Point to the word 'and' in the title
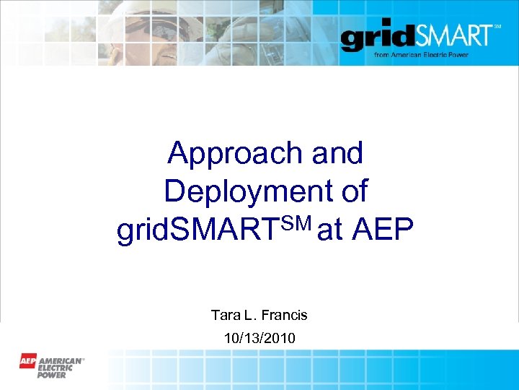pyautogui.click(x=337, y=153)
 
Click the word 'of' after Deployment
pyautogui.click(x=353, y=191)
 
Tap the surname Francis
pyautogui.click(x=284, y=315)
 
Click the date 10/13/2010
pyautogui.click(x=259, y=337)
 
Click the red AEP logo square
pyautogui.click(x=28, y=360)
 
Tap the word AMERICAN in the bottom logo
pyautogui.click(x=61, y=359)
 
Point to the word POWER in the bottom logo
pyautogui.click(x=52, y=374)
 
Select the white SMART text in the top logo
pyautogui.click(x=451, y=35)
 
